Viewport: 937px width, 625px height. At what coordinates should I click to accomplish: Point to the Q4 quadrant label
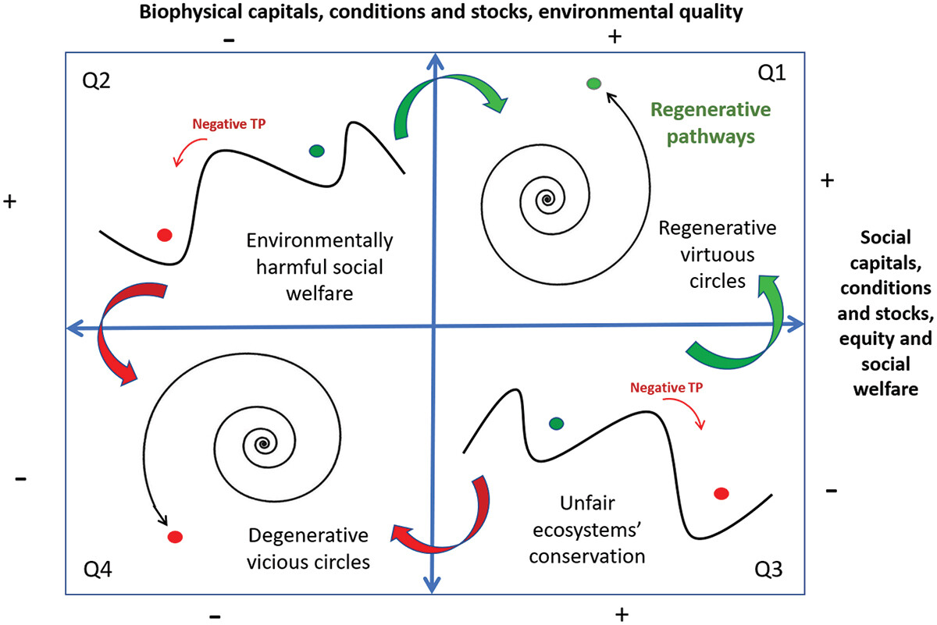tap(97, 571)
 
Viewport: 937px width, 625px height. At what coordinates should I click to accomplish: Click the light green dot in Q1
tap(593, 84)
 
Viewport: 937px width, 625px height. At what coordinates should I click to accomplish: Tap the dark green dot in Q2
tap(316, 151)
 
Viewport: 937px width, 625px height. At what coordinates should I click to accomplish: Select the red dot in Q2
tap(164, 234)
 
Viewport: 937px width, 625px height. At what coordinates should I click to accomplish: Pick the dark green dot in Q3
tap(556, 424)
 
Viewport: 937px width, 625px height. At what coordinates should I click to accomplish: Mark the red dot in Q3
tap(721, 493)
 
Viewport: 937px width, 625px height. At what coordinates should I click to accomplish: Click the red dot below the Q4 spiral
tap(174, 537)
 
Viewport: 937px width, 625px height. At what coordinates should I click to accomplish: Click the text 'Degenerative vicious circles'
tap(308, 548)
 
